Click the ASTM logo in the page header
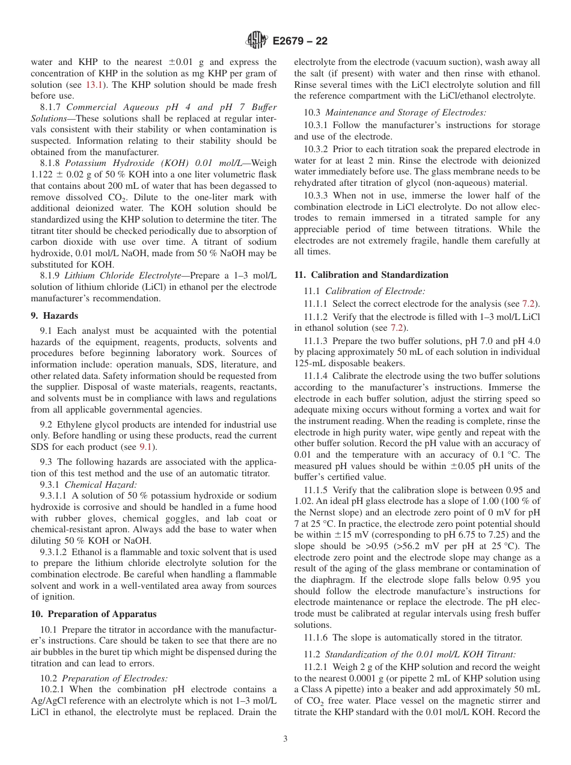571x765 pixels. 257,41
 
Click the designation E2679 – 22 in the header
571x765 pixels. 300,41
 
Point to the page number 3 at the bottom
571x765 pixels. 285,739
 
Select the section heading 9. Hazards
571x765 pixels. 54,316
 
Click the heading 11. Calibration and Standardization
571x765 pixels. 371,275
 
